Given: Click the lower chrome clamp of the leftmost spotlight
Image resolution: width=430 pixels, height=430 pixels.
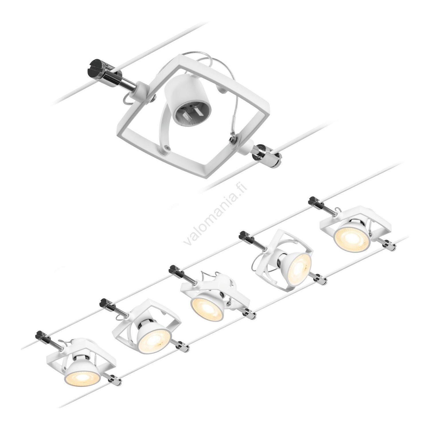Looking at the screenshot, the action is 114,378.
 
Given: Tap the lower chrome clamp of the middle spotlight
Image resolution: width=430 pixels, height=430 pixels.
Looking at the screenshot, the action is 249,314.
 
